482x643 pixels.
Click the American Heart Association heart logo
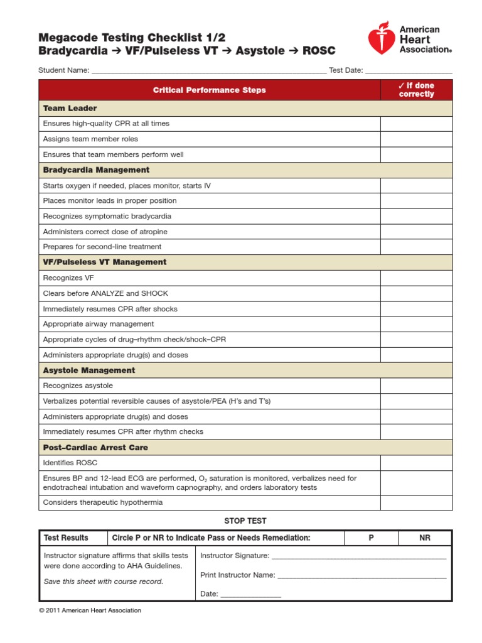coord(382,39)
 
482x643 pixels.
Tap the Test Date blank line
coord(408,71)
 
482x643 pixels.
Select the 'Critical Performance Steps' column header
coord(209,90)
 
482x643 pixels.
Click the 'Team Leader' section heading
coord(70,108)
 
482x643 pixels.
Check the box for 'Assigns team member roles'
coord(416,139)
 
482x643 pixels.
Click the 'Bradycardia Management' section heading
coord(96,170)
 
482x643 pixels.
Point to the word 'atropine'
coord(154,232)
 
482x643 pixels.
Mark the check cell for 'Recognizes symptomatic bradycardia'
coord(416,216)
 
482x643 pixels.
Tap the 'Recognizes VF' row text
coord(68,278)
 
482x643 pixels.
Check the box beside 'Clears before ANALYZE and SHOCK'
coord(416,293)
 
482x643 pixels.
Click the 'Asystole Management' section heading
coord(88,370)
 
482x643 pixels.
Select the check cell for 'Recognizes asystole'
coord(416,386)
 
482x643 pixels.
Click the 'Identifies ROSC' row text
coord(71,463)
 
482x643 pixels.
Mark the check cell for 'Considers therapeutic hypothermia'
coord(416,502)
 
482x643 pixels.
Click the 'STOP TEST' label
coord(245,521)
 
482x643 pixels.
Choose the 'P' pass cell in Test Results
coord(371,538)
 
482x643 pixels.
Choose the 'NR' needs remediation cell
coord(425,538)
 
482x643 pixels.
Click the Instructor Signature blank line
coord(359,556)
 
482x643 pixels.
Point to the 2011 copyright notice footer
coord(90,610)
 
